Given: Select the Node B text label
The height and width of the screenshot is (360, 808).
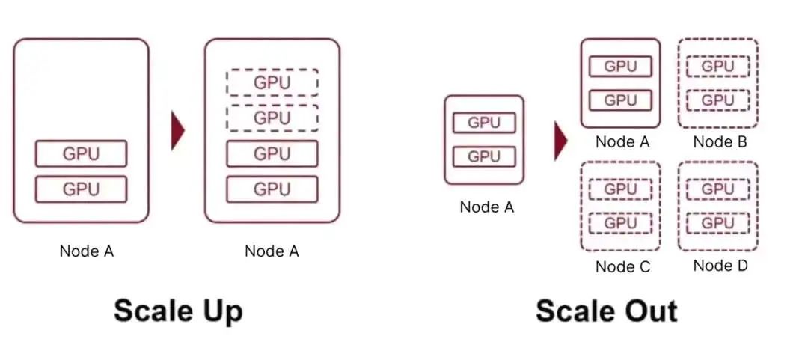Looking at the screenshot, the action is click(x=720, y=141).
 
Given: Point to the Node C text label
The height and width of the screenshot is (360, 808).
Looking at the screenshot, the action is click(x=622, y=266).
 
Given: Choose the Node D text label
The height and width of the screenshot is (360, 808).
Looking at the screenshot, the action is click(x=720, y=266).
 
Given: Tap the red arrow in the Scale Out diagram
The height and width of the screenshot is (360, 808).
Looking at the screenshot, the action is click(x=560, y=141).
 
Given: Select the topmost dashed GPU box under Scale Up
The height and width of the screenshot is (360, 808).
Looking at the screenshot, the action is click(x=272, y=82).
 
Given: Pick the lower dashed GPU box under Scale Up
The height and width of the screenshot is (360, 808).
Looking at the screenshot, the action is click(x=272, y=118).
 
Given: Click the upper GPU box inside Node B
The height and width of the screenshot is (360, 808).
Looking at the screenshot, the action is click(x=717, y=66).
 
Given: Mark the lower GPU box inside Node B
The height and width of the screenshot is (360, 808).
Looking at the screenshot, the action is click(x=717, y=100).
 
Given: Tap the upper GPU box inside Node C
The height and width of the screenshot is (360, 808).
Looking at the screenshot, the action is click(x=620, y=189).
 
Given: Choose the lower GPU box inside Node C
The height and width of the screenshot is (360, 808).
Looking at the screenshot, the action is click(x=620, y=223).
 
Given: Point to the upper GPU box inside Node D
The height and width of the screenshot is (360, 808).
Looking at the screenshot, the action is click(x=717, y=189).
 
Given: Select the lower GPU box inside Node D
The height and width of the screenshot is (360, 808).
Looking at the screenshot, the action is click(x=717, y=223).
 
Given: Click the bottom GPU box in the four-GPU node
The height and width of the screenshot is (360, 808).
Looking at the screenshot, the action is click(x=272, y=189).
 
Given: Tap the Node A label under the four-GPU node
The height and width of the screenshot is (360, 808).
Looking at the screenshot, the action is click(x=272, y=251).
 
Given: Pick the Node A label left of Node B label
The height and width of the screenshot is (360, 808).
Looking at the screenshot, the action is click(x=622, y=141).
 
